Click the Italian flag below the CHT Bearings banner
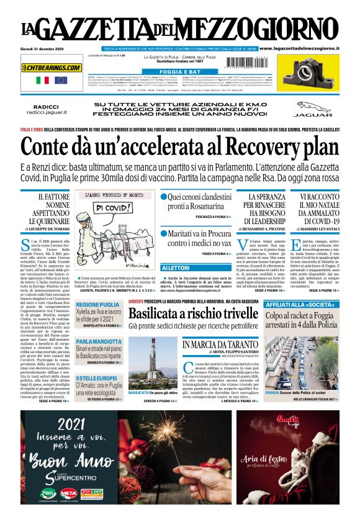tap(43, 80)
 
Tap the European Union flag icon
tap(60, 80)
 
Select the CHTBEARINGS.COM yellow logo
tap(52, 68)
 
